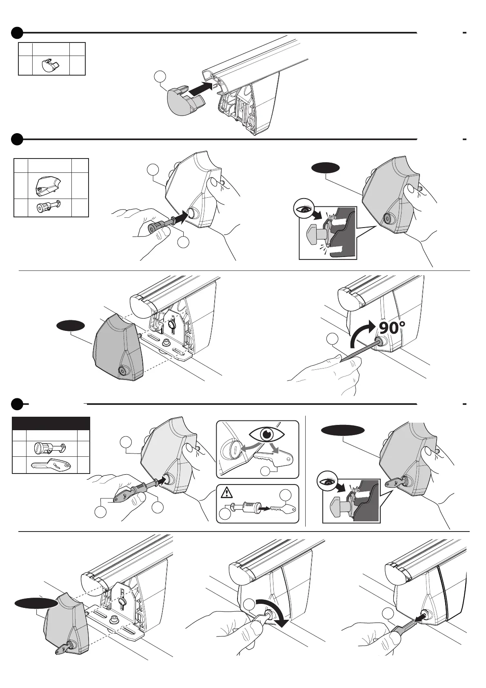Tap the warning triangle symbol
coord(226,494)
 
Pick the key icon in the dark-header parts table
coord(51,465)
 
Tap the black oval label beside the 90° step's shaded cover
coord(71,326)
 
